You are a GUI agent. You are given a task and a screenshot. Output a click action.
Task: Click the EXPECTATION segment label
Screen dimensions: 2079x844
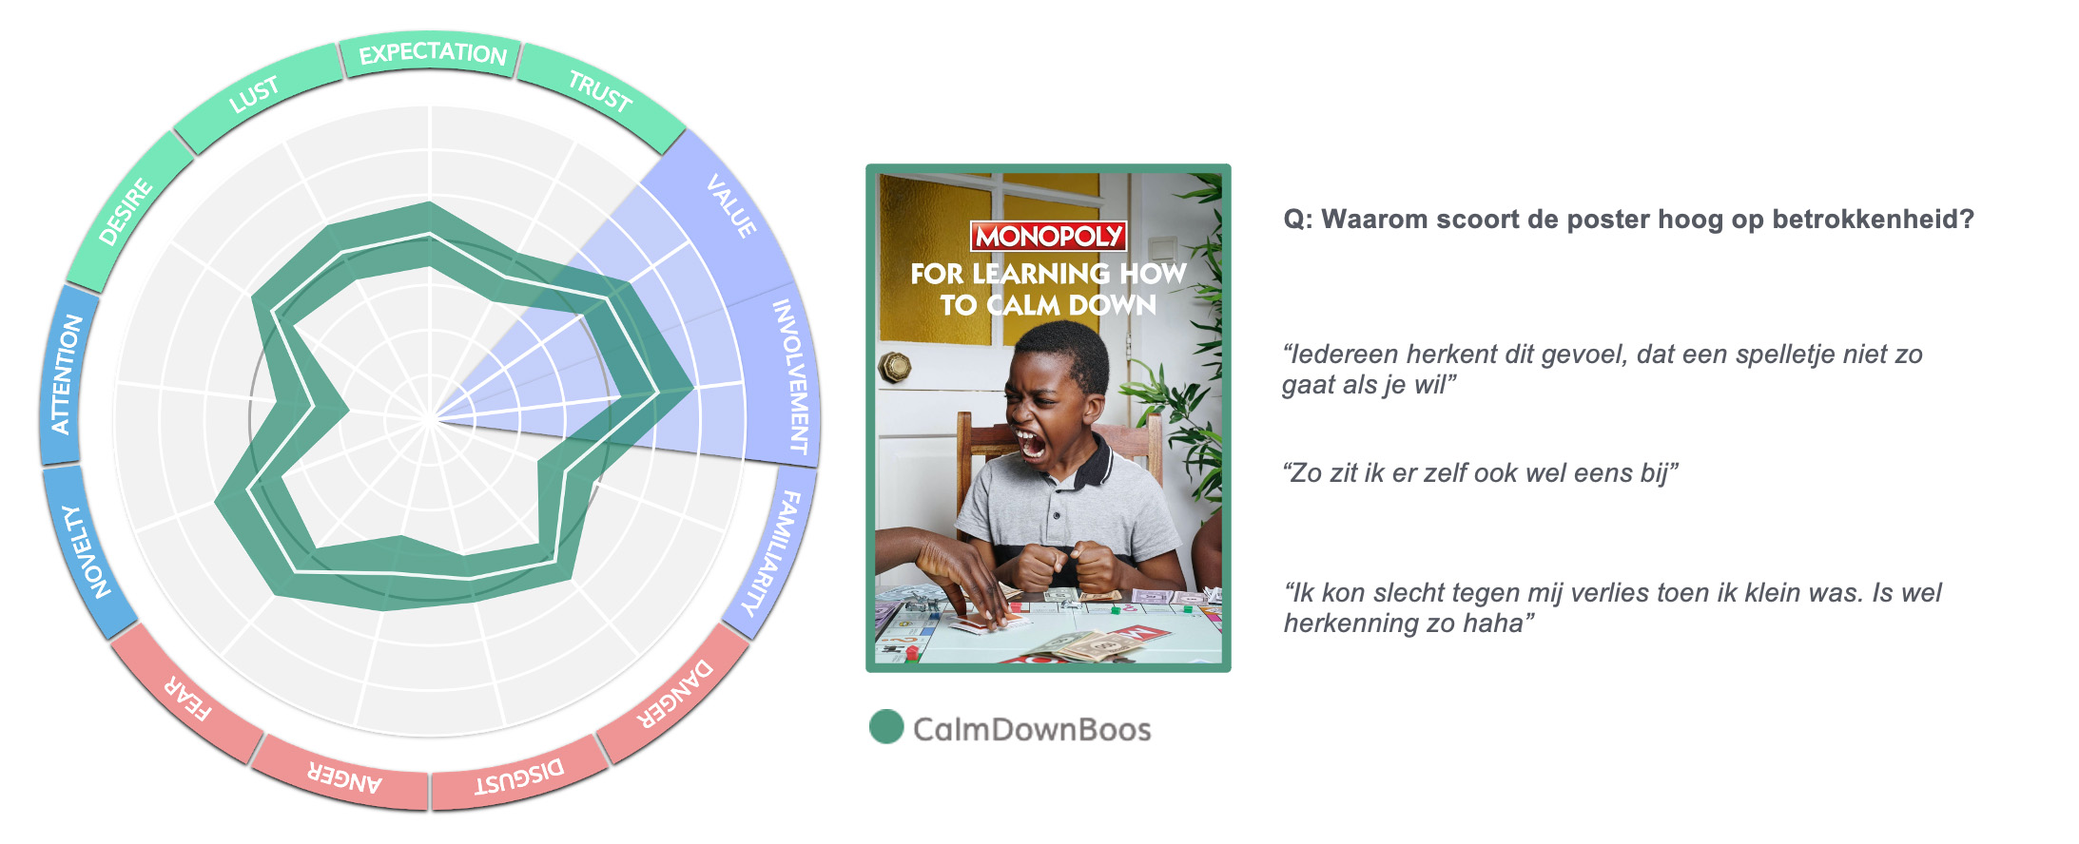point(433,53)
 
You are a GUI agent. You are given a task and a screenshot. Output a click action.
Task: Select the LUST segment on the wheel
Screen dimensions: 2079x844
point(254,94)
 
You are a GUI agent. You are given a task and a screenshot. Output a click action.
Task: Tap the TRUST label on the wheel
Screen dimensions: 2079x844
point(600,91)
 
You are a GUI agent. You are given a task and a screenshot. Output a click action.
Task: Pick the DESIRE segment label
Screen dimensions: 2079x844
point(126,211)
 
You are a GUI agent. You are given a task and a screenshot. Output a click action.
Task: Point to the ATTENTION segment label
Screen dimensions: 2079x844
point(66,374)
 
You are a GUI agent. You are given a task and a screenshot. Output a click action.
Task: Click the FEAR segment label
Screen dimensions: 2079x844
point(187,699)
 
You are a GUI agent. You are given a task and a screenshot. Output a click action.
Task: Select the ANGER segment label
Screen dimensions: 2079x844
point(344,777)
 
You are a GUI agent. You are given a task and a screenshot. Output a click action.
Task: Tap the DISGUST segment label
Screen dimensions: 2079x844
point(519,777)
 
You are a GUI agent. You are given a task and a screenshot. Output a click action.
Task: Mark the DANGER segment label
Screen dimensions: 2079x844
point(674,694)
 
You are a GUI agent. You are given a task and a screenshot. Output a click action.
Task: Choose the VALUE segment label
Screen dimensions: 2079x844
point(731,205)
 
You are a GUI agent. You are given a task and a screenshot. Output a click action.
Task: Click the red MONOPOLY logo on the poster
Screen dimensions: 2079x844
point(1048,236)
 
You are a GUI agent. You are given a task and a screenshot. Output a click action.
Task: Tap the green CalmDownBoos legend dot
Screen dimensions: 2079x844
point(886,727)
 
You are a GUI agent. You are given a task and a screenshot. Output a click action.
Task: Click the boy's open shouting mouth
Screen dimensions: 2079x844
point(1030,444)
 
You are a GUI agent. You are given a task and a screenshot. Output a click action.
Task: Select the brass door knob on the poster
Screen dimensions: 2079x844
point(895,367)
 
